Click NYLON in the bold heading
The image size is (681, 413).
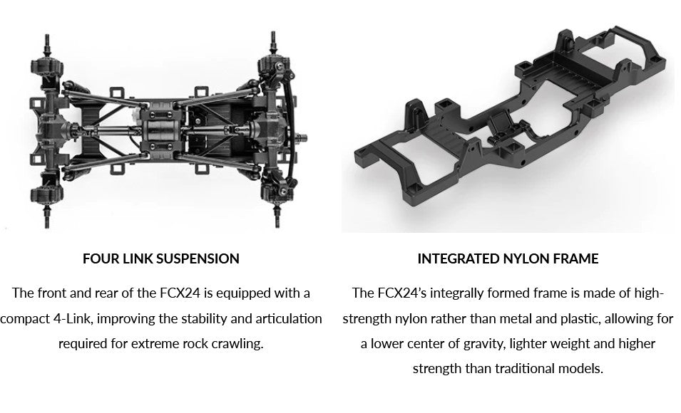pos(526,259)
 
